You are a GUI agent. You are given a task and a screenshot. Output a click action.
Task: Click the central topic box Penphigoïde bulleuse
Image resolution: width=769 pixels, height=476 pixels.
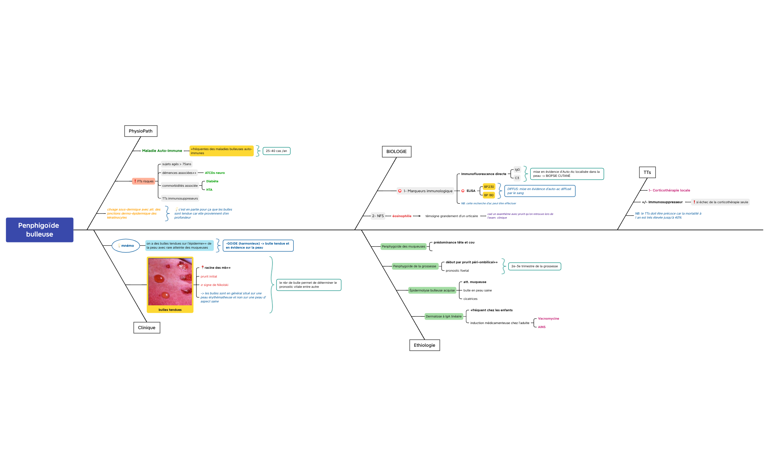[40, 230]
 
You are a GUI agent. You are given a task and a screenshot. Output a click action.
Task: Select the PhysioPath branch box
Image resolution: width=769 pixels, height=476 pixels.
[141, 131]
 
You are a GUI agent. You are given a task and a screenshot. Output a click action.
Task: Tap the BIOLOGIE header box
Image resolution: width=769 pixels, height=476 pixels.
[396, 152]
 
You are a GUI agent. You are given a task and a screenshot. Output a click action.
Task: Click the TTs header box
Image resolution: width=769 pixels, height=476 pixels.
[647, 172]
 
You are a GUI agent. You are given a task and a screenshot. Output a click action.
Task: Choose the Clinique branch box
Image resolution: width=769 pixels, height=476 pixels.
[146, 328]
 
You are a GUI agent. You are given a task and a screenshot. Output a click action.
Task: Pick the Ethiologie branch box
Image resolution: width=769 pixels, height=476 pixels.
[424, 345]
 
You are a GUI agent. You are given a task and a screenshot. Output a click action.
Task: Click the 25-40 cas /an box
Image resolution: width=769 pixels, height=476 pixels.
[276, 151]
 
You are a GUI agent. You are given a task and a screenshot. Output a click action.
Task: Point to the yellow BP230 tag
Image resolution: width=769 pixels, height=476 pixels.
[489, 187]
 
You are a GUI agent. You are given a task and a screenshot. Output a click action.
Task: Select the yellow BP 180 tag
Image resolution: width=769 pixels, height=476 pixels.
[489, 195]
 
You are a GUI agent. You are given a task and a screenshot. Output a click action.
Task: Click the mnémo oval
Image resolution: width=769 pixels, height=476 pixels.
[126, 246]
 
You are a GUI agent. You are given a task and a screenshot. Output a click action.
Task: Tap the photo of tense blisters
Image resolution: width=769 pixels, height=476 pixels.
[170, 282]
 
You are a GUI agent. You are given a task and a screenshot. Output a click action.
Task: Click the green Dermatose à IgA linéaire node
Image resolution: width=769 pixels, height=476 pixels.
[443, 316]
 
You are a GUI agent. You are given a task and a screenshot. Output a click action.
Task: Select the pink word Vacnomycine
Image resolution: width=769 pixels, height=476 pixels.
[548, 319]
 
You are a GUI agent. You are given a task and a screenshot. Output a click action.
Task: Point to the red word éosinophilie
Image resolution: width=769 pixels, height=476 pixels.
[402, 216]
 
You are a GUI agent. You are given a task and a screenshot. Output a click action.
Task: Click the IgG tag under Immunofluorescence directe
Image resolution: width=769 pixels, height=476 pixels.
[517, 170]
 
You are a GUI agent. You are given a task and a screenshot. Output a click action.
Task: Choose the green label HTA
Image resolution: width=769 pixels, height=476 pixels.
[209, 190]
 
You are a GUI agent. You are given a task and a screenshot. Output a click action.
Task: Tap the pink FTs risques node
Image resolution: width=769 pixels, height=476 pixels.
[144, 181]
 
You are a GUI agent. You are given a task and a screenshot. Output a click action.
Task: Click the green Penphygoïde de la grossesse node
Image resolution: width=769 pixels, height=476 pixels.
[415, 266]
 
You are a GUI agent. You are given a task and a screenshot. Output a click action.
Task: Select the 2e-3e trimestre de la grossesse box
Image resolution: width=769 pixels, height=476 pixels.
[534, 266]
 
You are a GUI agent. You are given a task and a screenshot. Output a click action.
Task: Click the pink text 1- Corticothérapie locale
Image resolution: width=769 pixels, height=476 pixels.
[669, 190]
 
